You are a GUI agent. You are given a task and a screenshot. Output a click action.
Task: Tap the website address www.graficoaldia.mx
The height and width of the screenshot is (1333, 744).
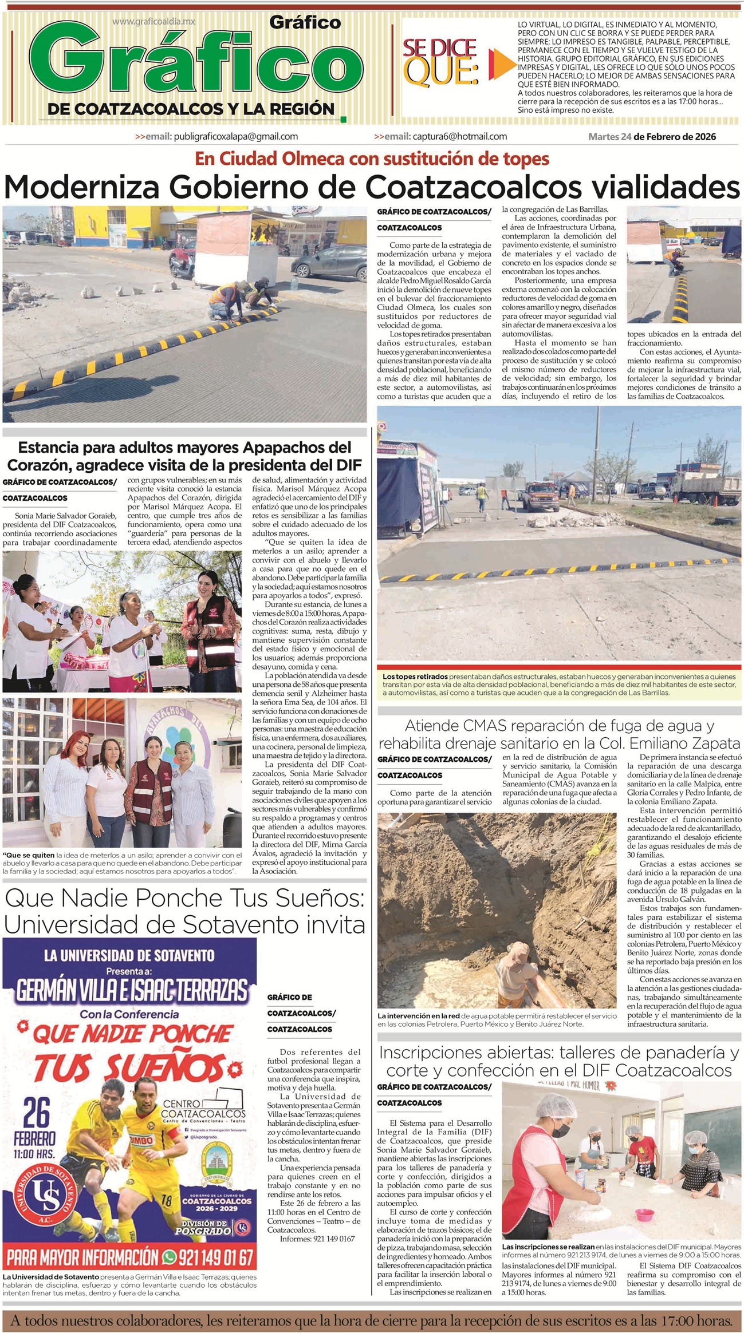(x=153, y=22)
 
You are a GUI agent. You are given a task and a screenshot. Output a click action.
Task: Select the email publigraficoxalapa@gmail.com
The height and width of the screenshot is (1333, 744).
(x=216, y=136)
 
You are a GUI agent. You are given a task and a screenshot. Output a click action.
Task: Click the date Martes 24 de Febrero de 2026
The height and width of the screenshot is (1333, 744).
(x=652, y=136)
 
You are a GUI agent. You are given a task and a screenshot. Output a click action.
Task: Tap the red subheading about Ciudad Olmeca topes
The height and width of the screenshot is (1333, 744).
(x=372, y=159)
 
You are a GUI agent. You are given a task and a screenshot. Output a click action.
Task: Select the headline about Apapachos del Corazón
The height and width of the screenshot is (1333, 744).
(x=184, y=455)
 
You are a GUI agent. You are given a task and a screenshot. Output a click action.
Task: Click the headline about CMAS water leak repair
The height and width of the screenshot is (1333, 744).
(x=559, y=734)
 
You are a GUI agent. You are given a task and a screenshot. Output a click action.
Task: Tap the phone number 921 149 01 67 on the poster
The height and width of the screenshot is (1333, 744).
(x=215, y=1257)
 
